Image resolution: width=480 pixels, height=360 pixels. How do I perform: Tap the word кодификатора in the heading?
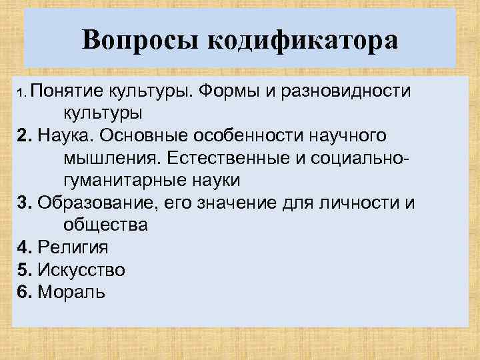(x=303, y=41)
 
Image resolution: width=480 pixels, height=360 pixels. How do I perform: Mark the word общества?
(x=105, y=225)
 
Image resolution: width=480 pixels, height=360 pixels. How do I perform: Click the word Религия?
(x=73, y=247)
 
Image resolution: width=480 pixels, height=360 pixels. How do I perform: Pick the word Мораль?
(x=71, y=292)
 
